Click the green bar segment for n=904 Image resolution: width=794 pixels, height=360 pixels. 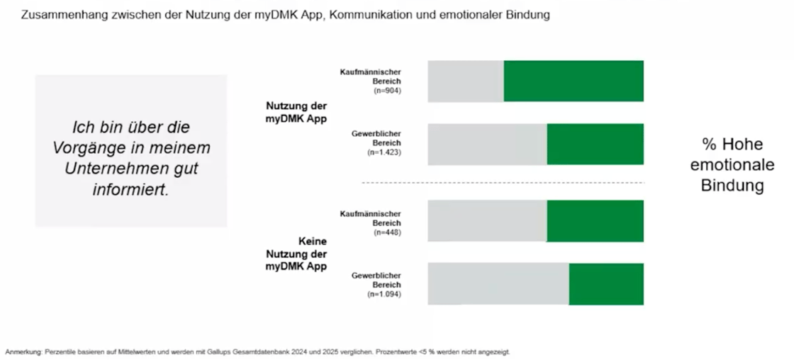point(573,81)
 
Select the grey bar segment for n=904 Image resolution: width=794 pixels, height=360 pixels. point(466,81)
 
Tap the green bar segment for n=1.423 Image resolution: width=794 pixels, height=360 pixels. point(595,144)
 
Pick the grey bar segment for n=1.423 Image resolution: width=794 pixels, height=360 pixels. point(488,144)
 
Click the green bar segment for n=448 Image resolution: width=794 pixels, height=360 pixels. point(595,220)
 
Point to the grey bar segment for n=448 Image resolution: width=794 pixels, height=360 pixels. point(488,220)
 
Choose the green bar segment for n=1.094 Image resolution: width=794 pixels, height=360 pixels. point(606,283)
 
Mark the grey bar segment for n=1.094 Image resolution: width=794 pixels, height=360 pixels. point(498,283)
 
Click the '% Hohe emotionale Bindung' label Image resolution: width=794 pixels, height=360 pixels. point(732,165)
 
